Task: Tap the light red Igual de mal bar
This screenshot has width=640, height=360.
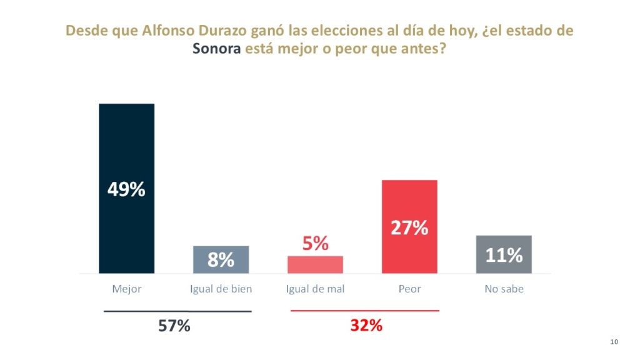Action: pyautogui.click(x=315, y=265)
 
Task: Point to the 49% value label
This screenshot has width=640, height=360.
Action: pyautogui.click(x=126, y=189)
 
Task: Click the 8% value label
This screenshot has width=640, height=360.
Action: pyautogui.click(x=221, y=260)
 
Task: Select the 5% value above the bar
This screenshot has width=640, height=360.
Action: pyautogui.click(x=316, y=244)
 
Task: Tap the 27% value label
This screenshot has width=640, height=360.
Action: pyautogui.click(x=409, y=228)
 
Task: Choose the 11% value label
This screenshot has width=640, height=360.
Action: pyautogui.click(x=504, y=255)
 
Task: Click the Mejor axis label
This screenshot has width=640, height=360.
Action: pyautogui.click(x=127, y=289)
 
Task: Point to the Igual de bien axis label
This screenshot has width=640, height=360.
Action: pyautogui.click(x=221, y=289)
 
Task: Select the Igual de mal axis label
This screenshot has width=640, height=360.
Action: pyautogui.click(x=315, y=289)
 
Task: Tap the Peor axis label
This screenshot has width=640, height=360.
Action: pyautogui.click(x=409, y=289)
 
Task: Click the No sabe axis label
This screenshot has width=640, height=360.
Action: pyautogui.click(x=504, y=289)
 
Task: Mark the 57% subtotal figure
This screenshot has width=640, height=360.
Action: pyautogui.click(x=174, y=326)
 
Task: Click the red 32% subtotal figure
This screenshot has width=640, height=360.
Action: pyautogui.click(x=366, y=326)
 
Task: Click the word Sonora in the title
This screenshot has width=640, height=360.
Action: pyautogui.click(x=216, y=48)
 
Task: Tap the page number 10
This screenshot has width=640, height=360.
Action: pyautogui.click(x=614, y=341)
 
